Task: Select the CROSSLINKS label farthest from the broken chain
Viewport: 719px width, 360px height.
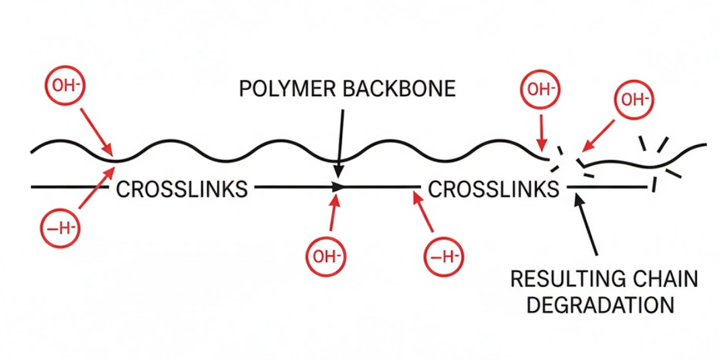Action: [181, 189]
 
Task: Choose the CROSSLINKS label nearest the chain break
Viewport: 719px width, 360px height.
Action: [494, 189]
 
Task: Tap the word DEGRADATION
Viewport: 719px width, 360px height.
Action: [600, 304]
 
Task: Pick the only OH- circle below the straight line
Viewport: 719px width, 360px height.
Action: [325, 256]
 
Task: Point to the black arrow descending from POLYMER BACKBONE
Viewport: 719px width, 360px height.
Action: [341, 138]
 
